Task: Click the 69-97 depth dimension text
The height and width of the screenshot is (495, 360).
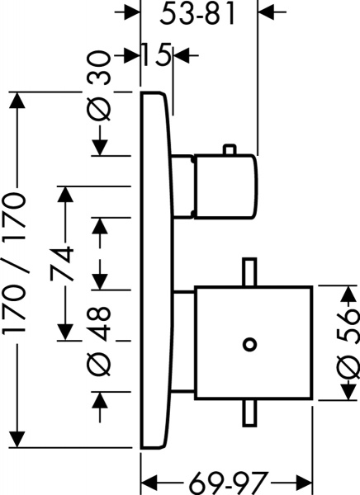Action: coord(225,480)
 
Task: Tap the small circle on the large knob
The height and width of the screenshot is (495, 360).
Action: coord(249,342)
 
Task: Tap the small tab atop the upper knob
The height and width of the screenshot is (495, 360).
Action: coord(230,149)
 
